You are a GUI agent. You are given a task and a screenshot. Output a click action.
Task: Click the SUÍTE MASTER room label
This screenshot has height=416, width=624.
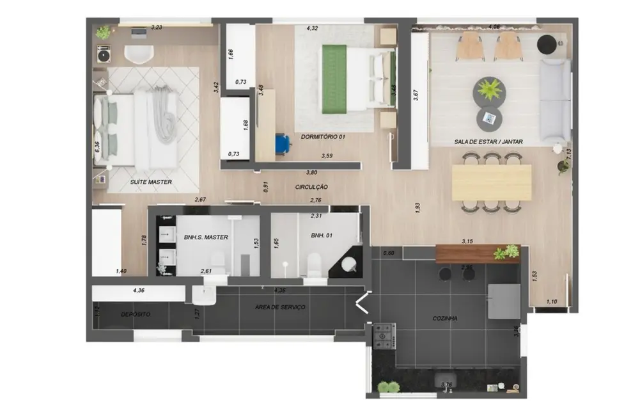151,182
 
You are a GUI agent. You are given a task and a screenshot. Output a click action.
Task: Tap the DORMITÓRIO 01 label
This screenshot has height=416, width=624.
323,136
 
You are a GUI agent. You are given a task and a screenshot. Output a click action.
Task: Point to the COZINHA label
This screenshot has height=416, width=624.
444,318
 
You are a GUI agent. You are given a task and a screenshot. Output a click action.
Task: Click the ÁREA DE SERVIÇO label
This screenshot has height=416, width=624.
280,307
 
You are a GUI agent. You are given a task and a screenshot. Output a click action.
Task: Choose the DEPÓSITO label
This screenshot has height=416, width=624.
136,314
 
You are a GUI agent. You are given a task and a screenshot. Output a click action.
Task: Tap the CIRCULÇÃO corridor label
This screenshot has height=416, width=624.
311,187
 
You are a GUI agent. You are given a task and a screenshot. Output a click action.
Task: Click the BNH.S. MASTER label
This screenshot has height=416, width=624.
206,237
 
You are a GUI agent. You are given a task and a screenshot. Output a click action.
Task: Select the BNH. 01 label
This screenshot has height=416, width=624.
320,236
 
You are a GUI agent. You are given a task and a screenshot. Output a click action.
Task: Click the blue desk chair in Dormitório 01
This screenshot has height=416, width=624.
282,143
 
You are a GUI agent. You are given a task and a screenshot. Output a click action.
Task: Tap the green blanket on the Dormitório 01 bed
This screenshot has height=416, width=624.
334,77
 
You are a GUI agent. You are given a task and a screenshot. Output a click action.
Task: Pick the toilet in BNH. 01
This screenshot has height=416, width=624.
313,264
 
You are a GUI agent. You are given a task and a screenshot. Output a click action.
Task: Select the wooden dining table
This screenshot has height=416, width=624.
491,182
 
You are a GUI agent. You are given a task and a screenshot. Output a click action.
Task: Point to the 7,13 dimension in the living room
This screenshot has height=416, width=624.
568,154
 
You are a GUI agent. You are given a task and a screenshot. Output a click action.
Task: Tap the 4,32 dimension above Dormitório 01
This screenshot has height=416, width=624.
313,28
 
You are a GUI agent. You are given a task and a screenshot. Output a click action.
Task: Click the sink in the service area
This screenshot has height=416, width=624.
204,296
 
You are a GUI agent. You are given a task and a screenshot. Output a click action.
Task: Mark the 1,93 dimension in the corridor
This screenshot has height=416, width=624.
417,207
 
